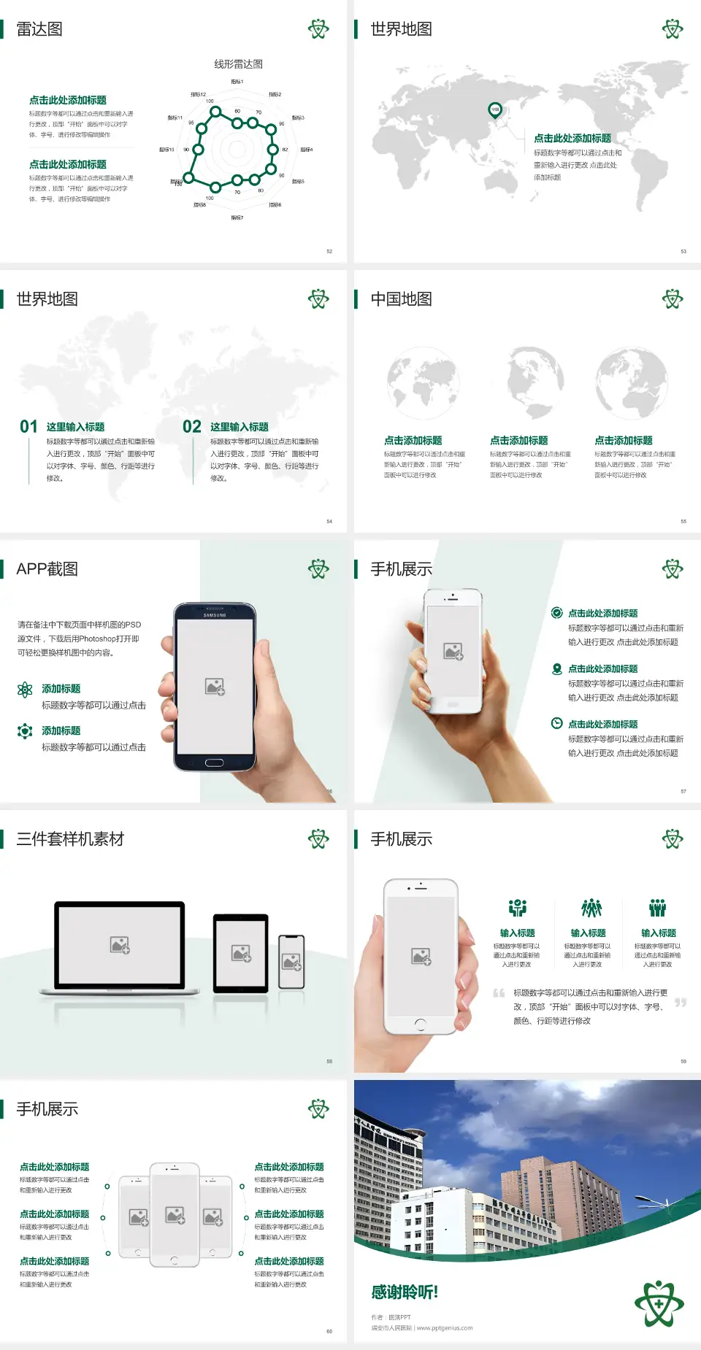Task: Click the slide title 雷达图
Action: coord(39,29)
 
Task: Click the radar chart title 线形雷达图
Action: coord(238,64)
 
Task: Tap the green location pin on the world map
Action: coord(494,110)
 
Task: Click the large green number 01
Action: coord(28,427)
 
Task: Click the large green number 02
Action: coord(192,427)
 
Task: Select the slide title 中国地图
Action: coord(401,299)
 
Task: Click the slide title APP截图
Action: coord(47,569)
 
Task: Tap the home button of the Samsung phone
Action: coord(214,763)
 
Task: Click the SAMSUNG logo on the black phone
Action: coord(215,615)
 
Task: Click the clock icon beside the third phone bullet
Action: coord(556,723)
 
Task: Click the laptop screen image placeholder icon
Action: coord(120,945)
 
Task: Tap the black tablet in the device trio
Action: coord(240,952)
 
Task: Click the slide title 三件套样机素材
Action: coord(70,839)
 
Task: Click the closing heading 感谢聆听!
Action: coord(405,1292)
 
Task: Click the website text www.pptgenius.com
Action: coord(445,1328)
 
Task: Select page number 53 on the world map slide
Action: coord(683,251)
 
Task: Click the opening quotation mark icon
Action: coord(499,992)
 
